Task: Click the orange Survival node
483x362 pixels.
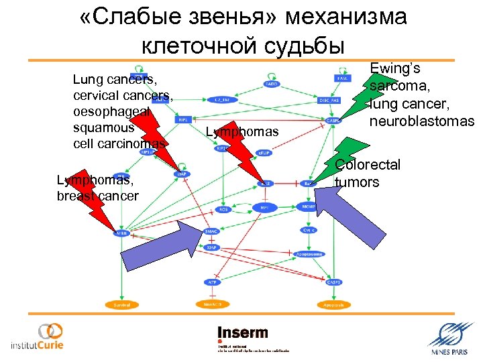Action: click(x=122, y=304)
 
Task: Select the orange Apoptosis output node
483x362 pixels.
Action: click(x=333, y=304)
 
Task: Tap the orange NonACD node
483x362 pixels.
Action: click(x=212, y=304)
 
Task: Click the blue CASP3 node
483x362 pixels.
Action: click(x=334, y=282)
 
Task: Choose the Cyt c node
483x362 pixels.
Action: click(x=309, y=230)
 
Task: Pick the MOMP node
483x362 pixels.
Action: click(x=309, y=207)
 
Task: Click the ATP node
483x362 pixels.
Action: click(x=212, y=282)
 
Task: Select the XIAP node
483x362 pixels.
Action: click(x=212, y=247)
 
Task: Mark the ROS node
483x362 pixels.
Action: click(x=223, y=209)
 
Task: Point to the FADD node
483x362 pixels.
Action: click(x=272, y=84)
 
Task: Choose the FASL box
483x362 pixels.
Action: click(x=342, y=78)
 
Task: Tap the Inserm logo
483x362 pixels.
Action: click(x=242, y=333)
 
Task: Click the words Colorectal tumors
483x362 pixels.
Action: click(x=367, y=174)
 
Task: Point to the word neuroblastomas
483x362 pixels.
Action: click(x=421, y=121)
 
